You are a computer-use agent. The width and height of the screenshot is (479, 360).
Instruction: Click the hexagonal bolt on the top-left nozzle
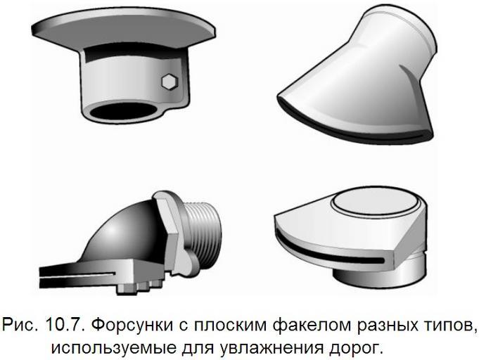(x=170, y=82)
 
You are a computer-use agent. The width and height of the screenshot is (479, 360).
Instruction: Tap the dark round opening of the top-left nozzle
(x=123, y=111)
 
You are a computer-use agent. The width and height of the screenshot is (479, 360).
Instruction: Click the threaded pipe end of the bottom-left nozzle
(x=203, y=229)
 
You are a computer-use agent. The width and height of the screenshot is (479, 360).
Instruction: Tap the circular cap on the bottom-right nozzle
(x=375, y=201)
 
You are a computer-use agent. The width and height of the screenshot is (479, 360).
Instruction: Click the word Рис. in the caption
(x=21, y=326)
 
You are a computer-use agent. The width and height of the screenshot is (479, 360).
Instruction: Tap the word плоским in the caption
(x=230, y=325)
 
